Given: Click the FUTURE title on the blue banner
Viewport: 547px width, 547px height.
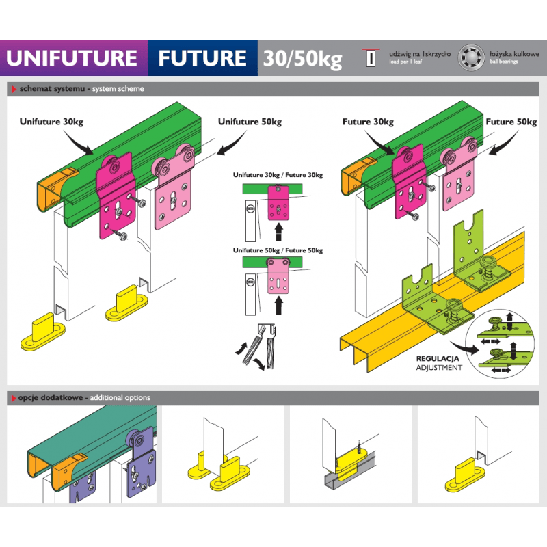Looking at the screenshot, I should pos(202,57).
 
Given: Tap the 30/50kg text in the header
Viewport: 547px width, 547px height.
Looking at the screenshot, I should pos(301,59).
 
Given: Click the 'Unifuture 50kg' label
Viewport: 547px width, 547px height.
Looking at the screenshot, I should pos(250,122).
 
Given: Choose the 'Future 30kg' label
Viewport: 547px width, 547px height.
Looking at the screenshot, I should pos(368,122).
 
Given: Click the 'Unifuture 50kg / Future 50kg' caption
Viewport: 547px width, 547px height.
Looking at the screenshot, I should pos(278,250).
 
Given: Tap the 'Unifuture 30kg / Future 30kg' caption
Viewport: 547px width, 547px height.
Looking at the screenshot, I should pos(278,175).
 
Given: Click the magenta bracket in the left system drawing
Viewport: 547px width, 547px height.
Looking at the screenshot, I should pos(116,198).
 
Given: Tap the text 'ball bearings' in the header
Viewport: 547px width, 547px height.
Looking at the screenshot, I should pos(504,62).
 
